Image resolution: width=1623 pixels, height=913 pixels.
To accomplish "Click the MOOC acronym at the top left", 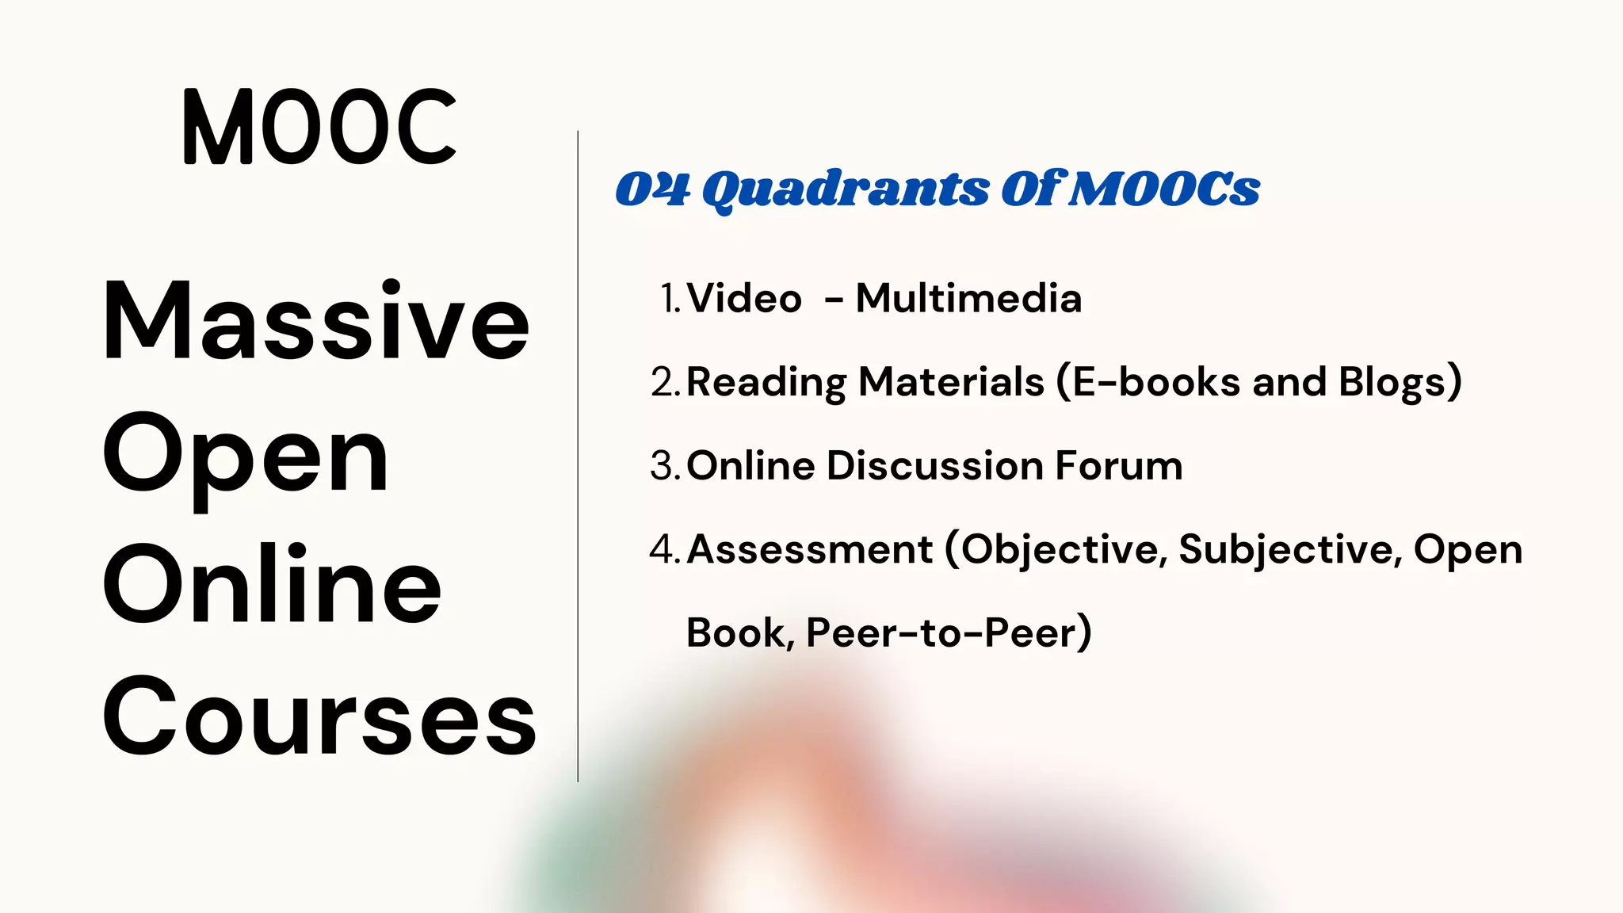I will click(x=319, y=127).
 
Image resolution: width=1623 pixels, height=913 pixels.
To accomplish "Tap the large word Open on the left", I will click(x=246, y=456).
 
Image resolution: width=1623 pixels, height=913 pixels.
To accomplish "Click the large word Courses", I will click(x=319, y=717).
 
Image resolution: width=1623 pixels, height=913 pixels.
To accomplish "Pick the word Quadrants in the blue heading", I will click(x=846, y=190).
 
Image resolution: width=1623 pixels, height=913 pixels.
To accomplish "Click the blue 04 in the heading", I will click(x=652, y=189).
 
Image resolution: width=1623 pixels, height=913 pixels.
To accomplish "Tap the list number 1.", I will click(x=670, y=299).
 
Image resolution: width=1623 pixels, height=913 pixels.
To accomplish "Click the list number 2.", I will click(x=664, y=382).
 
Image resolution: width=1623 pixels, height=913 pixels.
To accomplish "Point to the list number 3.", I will click(x=664, y=466).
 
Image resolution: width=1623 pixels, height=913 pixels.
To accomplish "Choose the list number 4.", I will click(x=664, y=549).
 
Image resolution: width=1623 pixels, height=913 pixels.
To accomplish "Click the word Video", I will click(x=744, y=299).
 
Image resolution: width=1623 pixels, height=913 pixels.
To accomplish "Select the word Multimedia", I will click(x=968, y=299).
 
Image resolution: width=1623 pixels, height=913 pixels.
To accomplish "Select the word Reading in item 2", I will click(x=766, y=383).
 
